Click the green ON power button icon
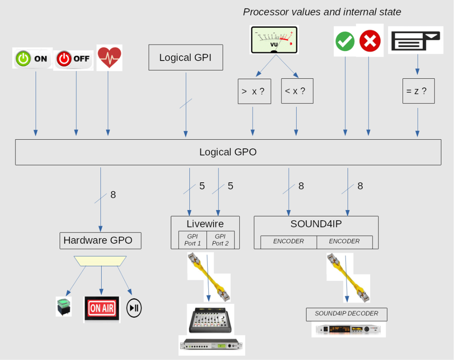[32, 59]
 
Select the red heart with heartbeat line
[109, 58]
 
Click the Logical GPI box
[185, 58]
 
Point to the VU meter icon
[274, 39]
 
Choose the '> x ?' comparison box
[254, 91]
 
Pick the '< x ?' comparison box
[297, 91]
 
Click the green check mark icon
[345, 42]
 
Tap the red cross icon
[370, 41]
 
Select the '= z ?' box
[418, 91]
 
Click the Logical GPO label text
[228, 152]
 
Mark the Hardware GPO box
[100, 240]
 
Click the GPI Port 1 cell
[193, 240]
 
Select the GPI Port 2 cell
[220, 240]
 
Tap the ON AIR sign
[102, 308]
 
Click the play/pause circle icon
[134, 308]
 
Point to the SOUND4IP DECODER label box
[347, 314]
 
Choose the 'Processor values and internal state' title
[322, 12]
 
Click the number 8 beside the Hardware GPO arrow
[113, 195]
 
